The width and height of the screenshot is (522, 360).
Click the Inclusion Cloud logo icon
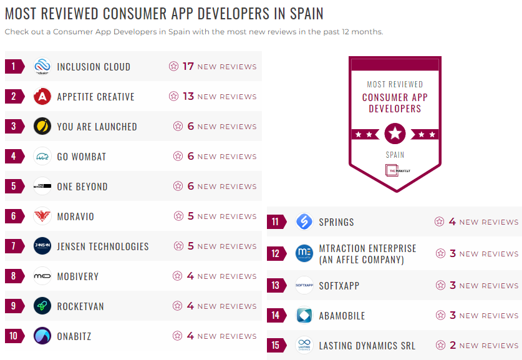pyautogui.click(x=42, y=66)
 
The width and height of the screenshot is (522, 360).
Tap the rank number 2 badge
pyautogui.click(x=14, y=96)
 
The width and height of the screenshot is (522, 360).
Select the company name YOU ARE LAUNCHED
pyautogui.click(x=97, y=127)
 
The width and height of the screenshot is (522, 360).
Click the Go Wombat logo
pyautogui.click(x=42, y=156)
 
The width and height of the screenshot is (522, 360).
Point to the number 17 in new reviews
pyautogui.click(x=188, y=66)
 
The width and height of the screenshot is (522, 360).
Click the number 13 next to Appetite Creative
pyautogui.click(x=188, y=96)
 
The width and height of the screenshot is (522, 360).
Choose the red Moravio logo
pyautogui.click(x=42, y=216)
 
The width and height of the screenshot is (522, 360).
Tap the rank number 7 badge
pyautogui.click(x=14, y=246)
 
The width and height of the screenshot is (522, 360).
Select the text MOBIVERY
pyautogui.click(x=78, y=276)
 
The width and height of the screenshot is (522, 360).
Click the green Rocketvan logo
pyautogui.click(x=42, y=306)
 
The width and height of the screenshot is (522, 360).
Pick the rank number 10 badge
pyautogui.click(x=14, y=336)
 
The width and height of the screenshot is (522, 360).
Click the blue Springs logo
pyautogui.click(x=304, y=221)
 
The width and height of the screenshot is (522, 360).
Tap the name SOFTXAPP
pyautogui.click(x=339, y=286)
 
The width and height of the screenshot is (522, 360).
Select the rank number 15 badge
pyautogui.click(x=276, y=345)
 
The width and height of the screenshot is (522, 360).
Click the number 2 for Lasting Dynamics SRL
pyautogui.click(x=453, y=345)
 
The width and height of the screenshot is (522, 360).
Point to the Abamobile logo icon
pyautogui.click(x=304, y=315)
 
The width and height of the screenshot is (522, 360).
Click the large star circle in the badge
pyautogui.click(x=395, y=133)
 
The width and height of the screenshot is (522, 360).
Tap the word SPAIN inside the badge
pyautogui.click(x=395, y=155)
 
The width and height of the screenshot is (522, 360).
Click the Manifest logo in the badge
pyautogui.click(x=395, y=170)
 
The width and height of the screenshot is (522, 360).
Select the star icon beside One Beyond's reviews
pyautogui.click(x=178, y=186)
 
